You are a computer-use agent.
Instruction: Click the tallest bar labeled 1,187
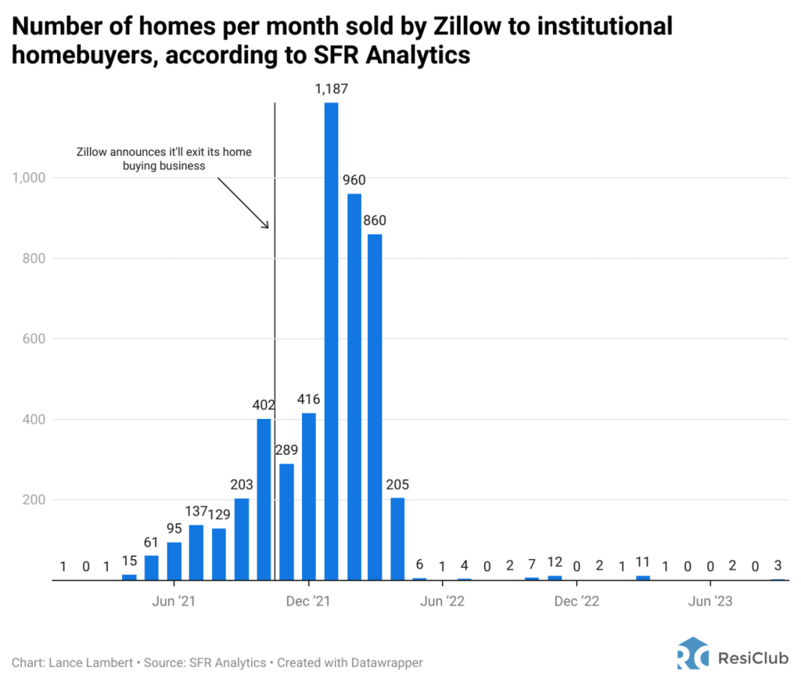coord(331,341)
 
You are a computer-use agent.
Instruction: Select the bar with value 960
coord(354,387)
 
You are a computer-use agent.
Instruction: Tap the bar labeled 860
coord(375,407)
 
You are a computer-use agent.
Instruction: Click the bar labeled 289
coord(286,521)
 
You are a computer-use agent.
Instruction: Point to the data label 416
coord(309,400)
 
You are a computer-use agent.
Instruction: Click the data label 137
coord(197,511)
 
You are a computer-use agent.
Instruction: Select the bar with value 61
coord(152,568)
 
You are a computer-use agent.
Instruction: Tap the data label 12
coord(555,563)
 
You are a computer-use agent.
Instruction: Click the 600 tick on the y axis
coord(34,339)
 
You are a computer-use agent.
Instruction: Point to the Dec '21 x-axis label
coord(309,601)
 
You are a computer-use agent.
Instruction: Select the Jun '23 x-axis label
coord(709,601)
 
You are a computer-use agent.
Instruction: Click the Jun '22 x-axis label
coord(443,601)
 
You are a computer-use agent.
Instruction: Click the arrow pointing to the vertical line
coord(243,202)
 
